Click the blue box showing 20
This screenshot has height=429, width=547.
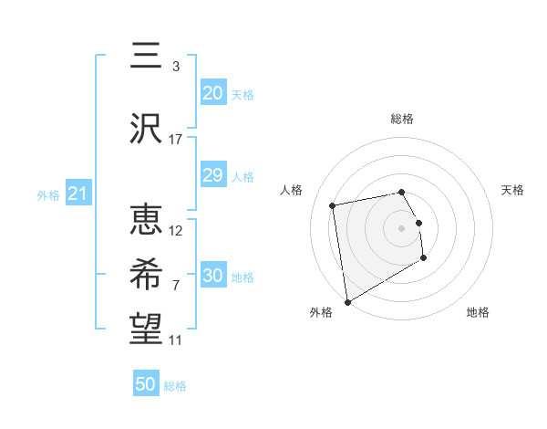pos(212,93)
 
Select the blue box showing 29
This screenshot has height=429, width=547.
pos(212,175)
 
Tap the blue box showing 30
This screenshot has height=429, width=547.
pos(212,276)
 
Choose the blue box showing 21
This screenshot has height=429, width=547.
pos(77,194)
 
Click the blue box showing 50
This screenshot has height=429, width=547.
pos(146,384)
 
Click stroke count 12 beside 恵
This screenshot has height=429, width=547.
pos(176,230)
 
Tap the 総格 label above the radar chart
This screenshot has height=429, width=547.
pos(401,119)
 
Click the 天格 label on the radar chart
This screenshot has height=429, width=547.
pos(512,190)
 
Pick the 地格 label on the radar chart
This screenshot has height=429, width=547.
pos(478,312)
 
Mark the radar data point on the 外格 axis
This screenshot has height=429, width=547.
pos(346,301)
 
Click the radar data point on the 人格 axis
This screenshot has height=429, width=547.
pos(333,204)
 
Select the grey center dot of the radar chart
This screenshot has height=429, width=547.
pos(401,227)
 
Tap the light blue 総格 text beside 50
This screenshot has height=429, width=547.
pos(175,386)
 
